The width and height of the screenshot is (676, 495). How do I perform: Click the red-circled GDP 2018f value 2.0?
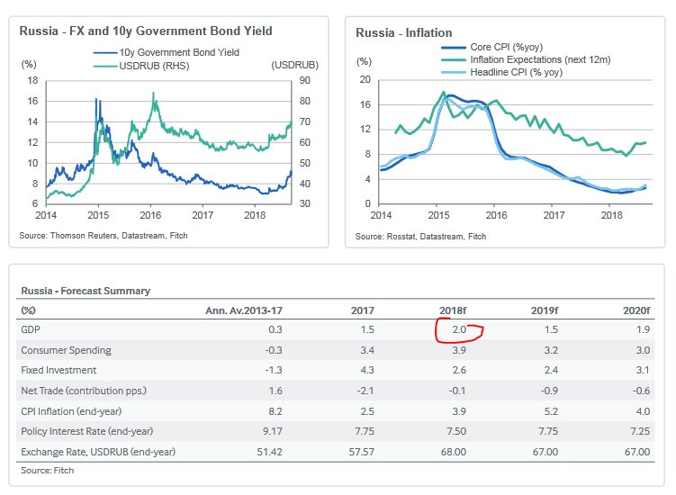pos(459,330)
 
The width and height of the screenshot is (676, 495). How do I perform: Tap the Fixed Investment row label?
pos(59,371)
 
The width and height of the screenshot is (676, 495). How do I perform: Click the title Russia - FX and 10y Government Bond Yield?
pos(146,31)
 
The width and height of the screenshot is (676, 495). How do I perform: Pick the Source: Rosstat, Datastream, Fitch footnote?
pos(420,236)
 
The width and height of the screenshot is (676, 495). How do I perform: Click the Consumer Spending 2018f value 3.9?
pos(459,351)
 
